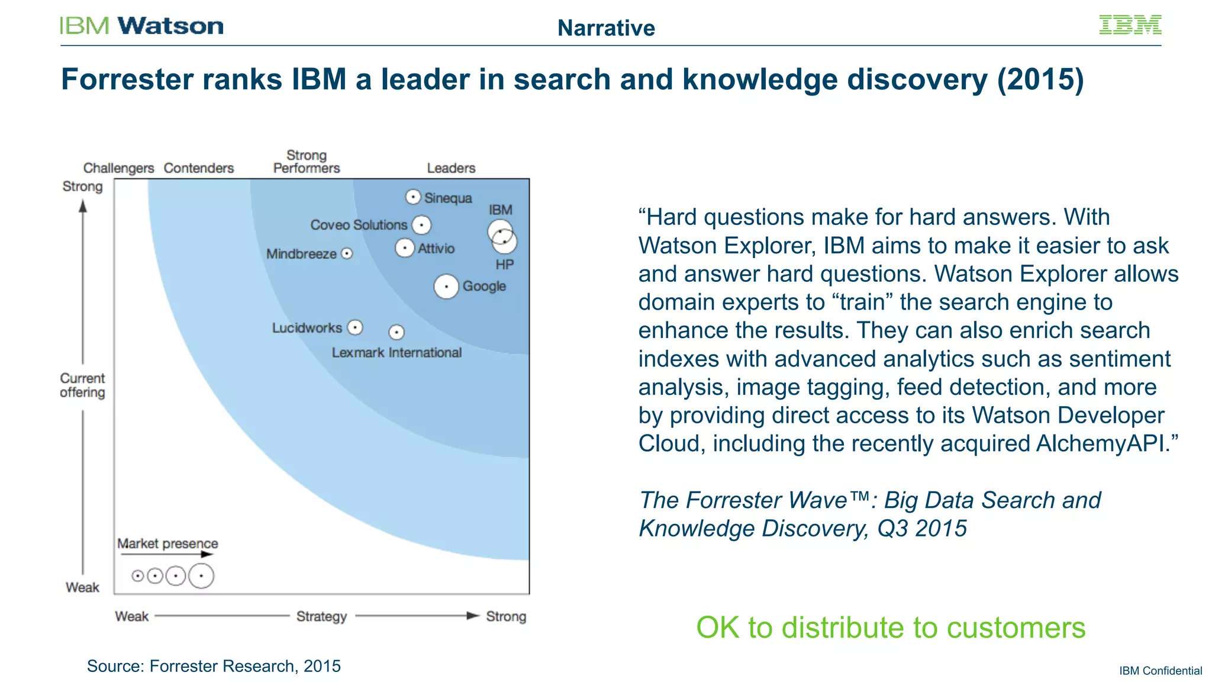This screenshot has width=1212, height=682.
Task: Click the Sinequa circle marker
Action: click(413, 197)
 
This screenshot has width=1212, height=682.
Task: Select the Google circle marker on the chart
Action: click(446, 287)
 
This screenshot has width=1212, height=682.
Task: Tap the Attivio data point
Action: click(405, 248)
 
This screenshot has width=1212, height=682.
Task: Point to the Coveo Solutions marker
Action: click(421, 225)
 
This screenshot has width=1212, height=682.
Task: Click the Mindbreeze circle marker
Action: click(347, 253)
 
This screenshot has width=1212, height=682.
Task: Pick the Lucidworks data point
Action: click(355, 327)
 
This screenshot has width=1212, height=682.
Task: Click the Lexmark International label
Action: click(396, 353)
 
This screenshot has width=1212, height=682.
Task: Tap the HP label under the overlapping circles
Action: click(504, 265)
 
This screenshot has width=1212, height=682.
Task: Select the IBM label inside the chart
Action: click(500, 210)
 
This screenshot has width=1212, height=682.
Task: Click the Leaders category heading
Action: click(451, 168)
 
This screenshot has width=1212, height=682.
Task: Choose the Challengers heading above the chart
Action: click(118, 168)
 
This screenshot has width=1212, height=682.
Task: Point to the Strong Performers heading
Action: click(307, 162)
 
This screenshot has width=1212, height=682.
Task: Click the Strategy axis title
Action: click(321, 616)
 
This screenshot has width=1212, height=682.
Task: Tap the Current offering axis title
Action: click(82, 385)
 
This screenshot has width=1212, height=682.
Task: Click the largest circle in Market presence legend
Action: click(201, 575)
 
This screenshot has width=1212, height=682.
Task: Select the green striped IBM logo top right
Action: click(1130, 25)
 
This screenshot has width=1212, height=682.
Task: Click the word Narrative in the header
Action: click(606, 28)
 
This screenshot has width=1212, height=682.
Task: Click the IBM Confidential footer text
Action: click(1160, 671)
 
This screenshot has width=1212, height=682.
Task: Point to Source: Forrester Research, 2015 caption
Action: click(214, 666)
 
